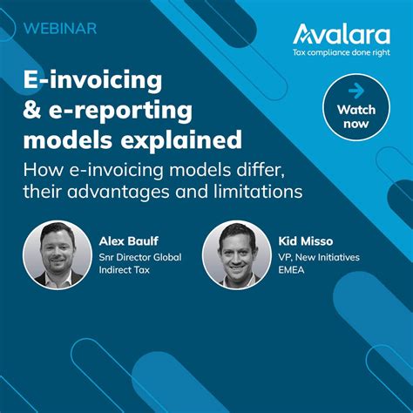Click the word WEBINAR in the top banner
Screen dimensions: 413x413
60,27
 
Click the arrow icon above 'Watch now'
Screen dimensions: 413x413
355,90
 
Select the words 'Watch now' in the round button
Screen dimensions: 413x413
355,116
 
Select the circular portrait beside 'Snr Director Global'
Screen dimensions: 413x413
58,255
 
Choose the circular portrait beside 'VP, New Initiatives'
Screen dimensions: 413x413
237,255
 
